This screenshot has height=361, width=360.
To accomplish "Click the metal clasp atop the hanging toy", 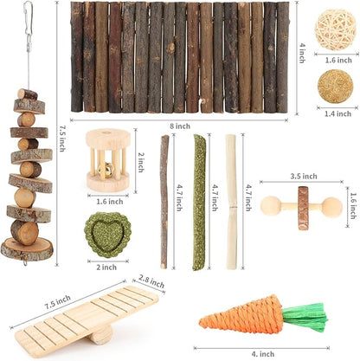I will pos(28,16).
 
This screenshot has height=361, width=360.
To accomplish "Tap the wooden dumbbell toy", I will pos(303,208).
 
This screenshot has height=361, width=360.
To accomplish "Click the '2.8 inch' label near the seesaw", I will pos(151,280).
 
